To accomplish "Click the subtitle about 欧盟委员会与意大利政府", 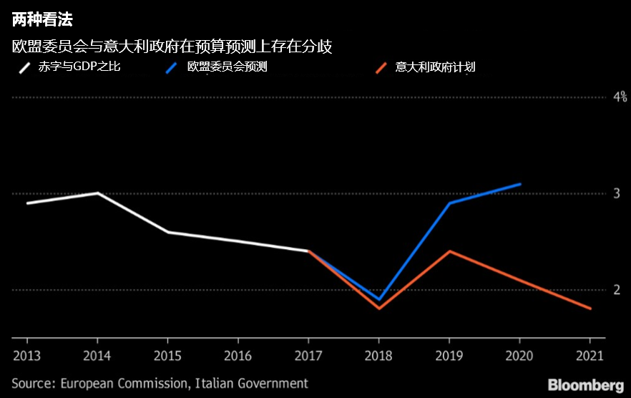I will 172,47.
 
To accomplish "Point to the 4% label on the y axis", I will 620,97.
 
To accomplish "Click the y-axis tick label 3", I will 616,193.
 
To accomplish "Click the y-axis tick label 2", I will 616,290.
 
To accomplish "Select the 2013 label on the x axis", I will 26,355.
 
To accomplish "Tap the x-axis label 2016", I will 238,355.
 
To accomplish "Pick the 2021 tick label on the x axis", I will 590,355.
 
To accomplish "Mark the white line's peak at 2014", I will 97,193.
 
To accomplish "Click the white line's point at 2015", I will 167,232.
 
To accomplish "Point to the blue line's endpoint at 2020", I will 520,184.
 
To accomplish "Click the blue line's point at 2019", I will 449,203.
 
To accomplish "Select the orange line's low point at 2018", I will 379,309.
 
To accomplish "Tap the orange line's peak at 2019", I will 449,251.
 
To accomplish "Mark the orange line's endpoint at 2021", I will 590,309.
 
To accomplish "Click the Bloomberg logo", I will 585,384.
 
